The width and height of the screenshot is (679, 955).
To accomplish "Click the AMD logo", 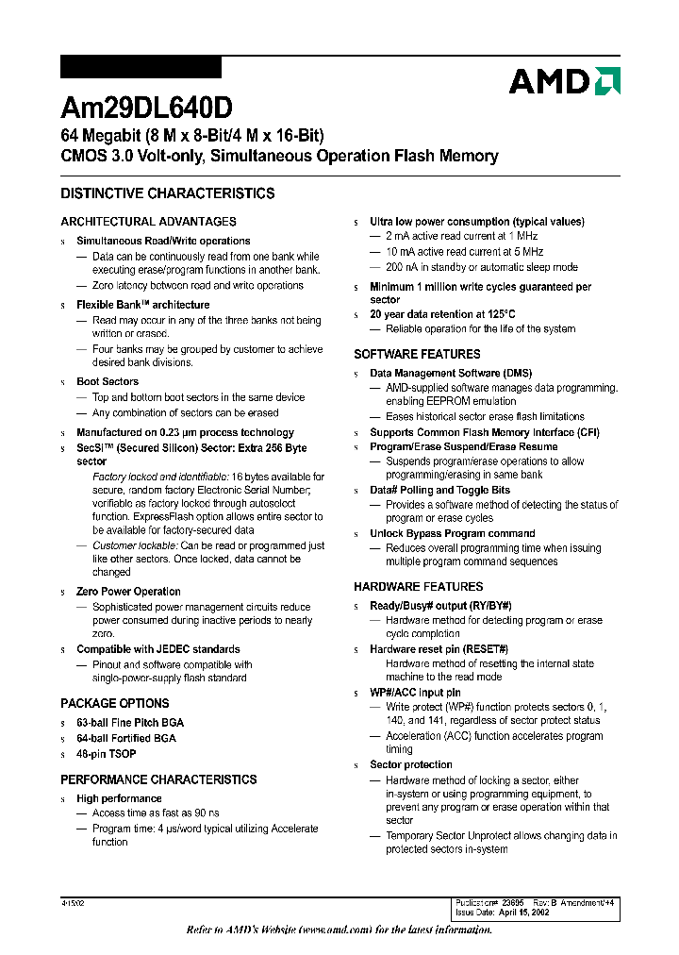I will (564, 81).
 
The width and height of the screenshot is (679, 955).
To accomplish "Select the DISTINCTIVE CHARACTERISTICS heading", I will (168, 193).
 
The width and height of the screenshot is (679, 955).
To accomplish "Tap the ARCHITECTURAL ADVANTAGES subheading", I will (148, 222).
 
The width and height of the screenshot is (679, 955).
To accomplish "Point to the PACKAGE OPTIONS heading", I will (115, 703).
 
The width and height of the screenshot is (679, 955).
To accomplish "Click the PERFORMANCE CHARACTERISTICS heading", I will (158, 779).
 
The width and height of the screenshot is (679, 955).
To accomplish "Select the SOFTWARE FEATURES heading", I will (417, 354).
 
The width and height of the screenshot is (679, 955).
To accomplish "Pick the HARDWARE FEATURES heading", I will (419, 586).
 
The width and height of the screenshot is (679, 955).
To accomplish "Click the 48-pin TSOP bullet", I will (106, 754).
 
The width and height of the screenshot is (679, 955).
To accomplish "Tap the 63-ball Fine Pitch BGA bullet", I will (130, 722).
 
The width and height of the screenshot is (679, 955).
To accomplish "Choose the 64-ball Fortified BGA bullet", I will (126, 738).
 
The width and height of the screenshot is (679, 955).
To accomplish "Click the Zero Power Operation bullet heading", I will (128, 592).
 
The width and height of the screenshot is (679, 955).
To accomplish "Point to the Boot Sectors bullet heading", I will (108, 382).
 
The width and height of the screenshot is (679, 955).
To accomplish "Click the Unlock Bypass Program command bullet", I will (452, 533).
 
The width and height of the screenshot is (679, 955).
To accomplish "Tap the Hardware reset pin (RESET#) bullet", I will (439, 649).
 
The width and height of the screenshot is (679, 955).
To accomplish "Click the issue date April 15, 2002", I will (517, 913).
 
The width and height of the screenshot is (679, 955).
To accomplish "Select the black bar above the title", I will (141, 67).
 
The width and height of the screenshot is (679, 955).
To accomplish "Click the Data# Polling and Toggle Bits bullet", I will (439, 490).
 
